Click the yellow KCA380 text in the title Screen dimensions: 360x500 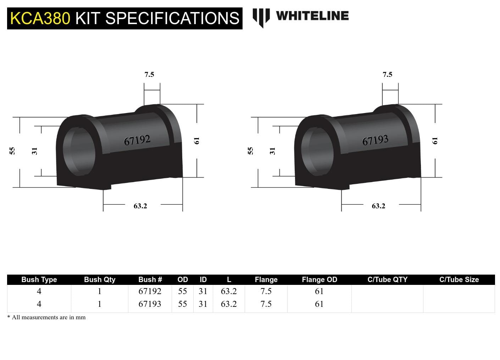pyautogui.click(x=40, y=18)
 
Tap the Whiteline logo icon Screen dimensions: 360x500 pyautogui.click(x=261, y=17)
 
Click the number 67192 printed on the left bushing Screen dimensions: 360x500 pyautogui.click(x=137, y=140)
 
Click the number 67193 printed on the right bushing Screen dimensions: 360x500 pyautogui.click(x=375, y=140)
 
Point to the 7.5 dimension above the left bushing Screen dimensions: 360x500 pyautogui.click(x=149, y=74)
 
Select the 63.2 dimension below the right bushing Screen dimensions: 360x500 pyautogui.click(x=378, y=206)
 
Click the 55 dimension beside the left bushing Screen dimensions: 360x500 pyautogui.click(x=12, y=151)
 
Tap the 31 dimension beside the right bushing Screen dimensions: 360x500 pyautogui.click(x=272, y=151)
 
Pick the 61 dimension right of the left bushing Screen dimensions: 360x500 pyautogui.click(x=197, y=141)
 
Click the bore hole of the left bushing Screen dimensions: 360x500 pyautogui.click(x=79, y=152)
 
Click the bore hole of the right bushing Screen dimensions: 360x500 pyautogui.click(x=318, y=152)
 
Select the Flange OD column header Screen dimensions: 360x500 pyautogui.click(x=319, y=280)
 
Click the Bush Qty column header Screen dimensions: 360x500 pyautogui.click(x=100, y=280)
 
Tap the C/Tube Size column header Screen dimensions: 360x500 pyautogui.click(x=459, y=280)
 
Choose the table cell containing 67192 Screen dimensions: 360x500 pyautogui.click(x=150, y=291)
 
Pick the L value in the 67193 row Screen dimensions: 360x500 pyautogui.click(x=229, y=304)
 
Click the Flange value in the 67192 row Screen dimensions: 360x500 pyautogui.click(x=266, y=291)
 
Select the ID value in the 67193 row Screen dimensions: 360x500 pyautogui.click(x=203, y=304)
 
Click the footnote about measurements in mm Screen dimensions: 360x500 pyautogui.click(x=46, y=317)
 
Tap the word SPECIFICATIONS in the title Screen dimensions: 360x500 pyautogui.click(x=172, y=18)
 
